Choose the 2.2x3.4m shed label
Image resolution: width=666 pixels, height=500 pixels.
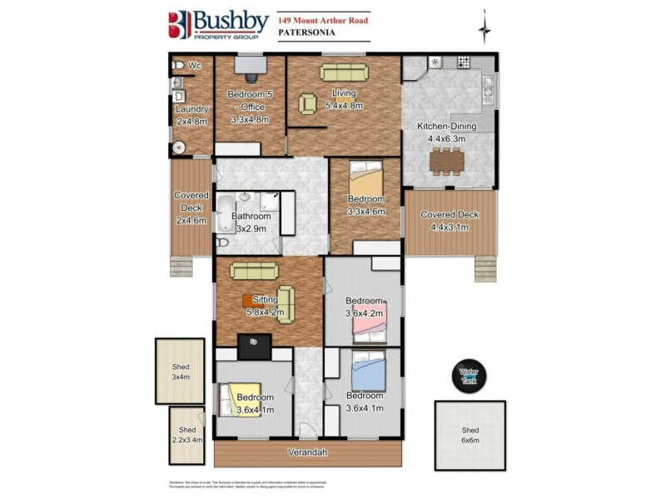click(x=185, y=434)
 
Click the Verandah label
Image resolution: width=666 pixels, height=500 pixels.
click(x=307, y=452)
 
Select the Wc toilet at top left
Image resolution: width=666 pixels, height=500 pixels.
click(x=176, y=64)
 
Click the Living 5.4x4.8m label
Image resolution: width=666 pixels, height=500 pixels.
click(x=343, y=99)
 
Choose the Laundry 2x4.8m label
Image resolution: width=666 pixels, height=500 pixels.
click(x=192, y=115)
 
